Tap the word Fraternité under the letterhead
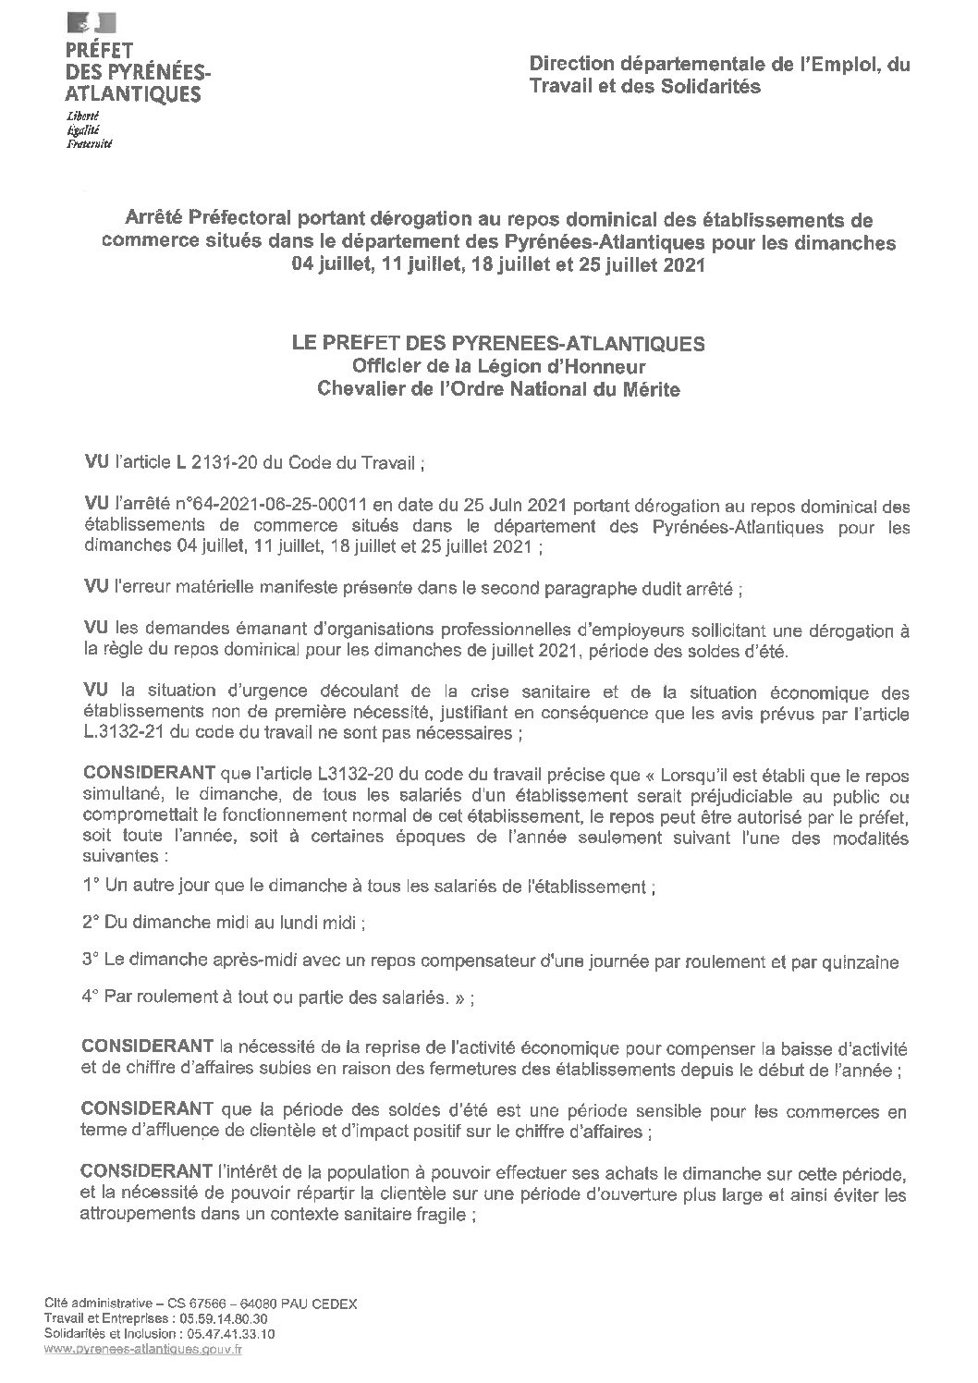point(89,144)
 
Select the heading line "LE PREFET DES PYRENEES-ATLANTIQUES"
point(497,344)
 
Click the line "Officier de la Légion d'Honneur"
point(497,367)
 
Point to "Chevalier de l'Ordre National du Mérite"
point(497,390)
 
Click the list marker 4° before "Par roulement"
point(91,997)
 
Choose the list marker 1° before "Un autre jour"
point(91,887)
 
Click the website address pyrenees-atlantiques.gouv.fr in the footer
point(143,1350)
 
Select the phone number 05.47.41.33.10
point(230,1334)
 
